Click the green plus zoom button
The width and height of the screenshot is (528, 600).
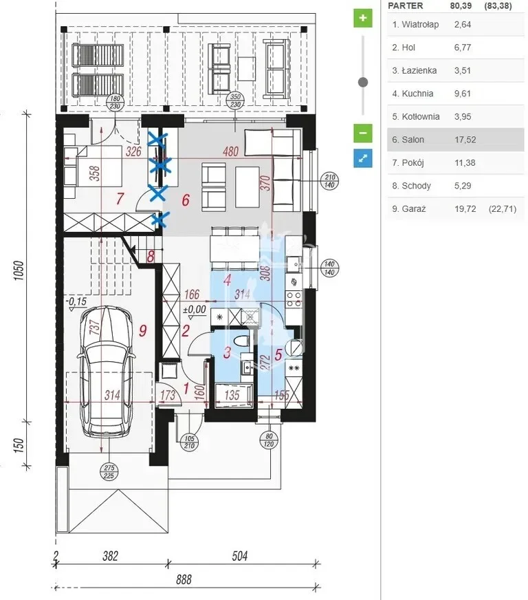362,18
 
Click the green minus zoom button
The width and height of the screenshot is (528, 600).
362,133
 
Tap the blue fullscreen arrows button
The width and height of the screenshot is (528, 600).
362,158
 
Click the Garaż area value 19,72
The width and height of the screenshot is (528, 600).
465,209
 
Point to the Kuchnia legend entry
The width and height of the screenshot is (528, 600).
412,94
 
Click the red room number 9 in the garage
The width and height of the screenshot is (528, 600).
142,330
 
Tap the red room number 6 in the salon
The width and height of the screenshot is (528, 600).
186,200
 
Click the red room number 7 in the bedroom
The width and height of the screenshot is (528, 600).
120,199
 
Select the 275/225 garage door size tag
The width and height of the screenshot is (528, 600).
109,472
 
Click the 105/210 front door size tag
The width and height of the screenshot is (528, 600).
189,442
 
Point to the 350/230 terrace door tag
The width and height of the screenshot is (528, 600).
236,100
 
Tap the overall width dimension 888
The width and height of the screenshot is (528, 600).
184,580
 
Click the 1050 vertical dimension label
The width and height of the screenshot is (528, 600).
19,270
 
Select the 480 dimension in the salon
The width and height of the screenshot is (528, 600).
230,151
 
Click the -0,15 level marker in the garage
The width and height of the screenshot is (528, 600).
76,301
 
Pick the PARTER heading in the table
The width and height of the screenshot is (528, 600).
405,6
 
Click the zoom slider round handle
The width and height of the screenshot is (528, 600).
363,82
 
